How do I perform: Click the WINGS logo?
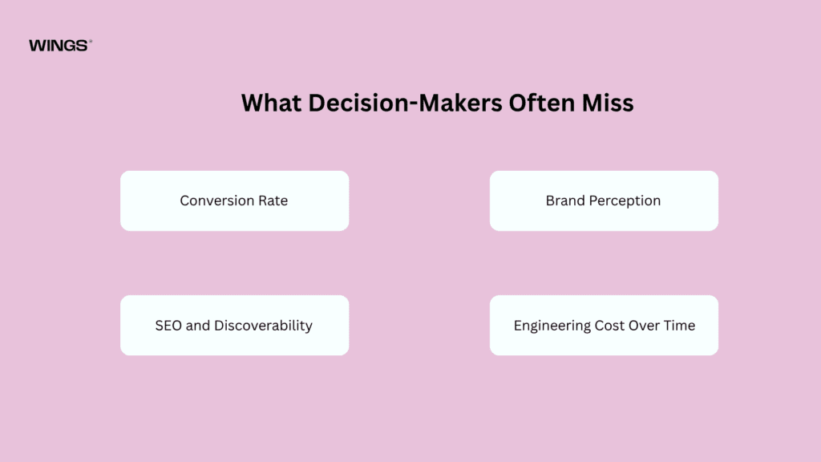click(60, 46)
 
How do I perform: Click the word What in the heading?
click(271, 103)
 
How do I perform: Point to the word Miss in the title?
click(608, 103)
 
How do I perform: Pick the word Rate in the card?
click(273, 201)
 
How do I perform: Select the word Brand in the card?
click(565, 201)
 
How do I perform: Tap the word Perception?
click(625, 201)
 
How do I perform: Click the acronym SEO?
click(168, 326)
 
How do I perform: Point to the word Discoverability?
click(263, 326)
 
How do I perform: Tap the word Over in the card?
click(644, 326)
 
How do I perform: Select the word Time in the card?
click(679, 326)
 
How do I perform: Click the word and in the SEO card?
click(197, 326)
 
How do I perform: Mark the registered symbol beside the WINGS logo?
click(91, 41)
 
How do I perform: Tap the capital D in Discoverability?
click(219, 326)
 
